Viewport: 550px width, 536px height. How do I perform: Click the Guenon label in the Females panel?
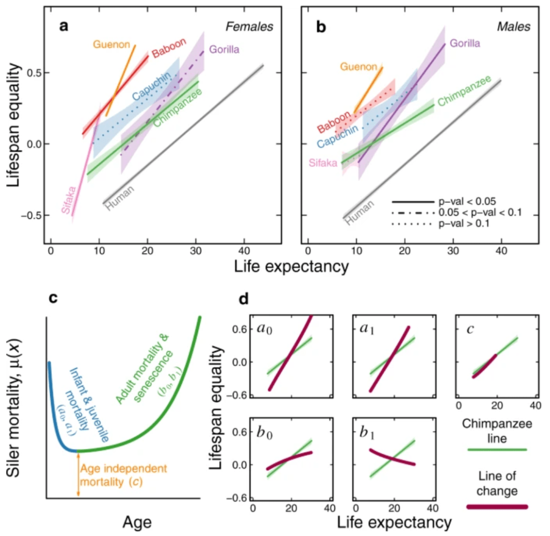(x=111, y=44)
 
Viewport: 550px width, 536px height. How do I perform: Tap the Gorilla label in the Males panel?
(x=465, y=43)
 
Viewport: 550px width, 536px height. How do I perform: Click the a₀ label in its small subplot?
(x=264, y=328)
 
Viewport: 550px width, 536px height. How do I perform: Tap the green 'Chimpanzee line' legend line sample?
(x=495, y=449)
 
